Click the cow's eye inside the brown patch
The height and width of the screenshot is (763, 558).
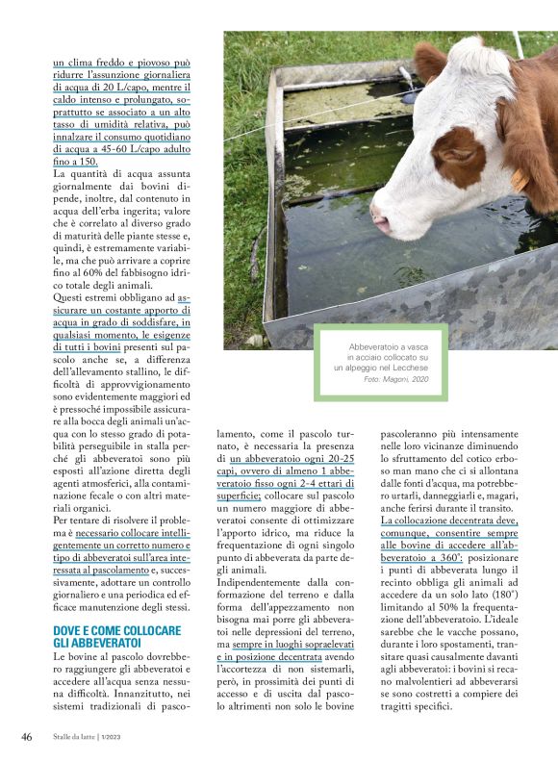point(451,154)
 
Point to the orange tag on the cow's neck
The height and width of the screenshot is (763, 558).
point(521,180)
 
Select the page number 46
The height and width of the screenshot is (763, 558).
point(26,736)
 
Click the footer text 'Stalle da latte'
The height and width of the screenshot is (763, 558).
point(79,737)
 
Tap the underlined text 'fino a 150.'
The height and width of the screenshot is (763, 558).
point(75,162)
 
